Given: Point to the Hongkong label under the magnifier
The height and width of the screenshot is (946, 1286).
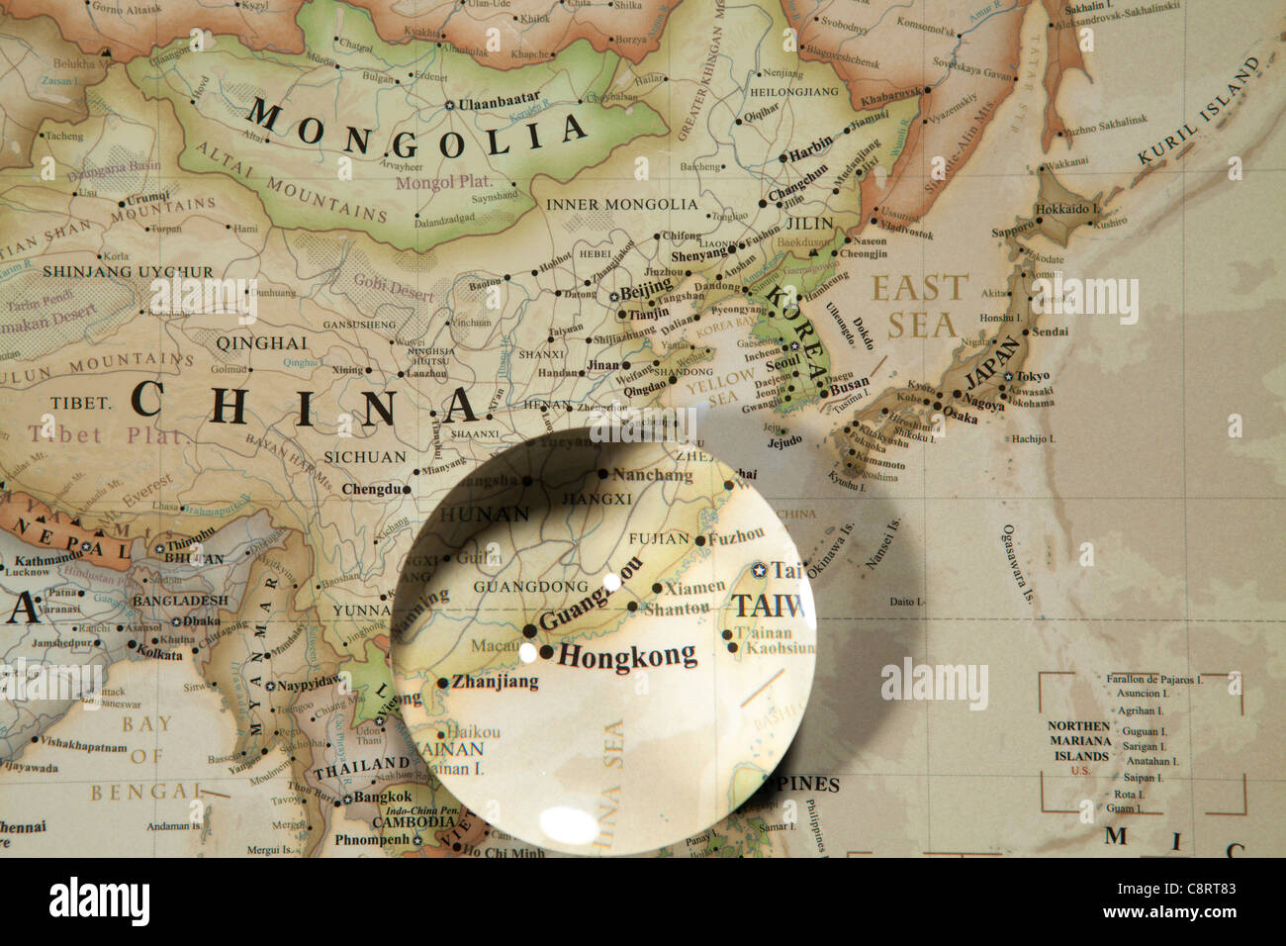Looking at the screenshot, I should click(627, 653).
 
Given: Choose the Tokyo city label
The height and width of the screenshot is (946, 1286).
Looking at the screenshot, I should click(1032, 376).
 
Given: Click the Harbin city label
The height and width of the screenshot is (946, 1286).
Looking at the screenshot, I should click(811, 156).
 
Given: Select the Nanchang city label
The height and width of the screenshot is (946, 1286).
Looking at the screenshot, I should click(652, 475).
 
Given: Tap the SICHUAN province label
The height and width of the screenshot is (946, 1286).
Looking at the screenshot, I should click(365, 457).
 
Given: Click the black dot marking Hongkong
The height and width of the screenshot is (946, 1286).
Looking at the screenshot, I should click(546, 652).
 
